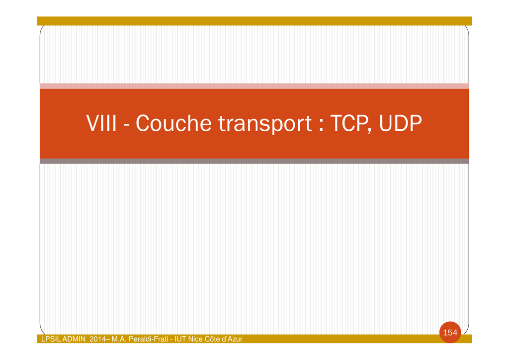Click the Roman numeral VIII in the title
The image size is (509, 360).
[x=101, y=123]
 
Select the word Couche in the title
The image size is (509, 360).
[x=173, y=123]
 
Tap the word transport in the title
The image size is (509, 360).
[x=265, y=124]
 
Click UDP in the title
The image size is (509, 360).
[x=400, y=123]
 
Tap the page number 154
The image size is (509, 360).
[x=450, y=333]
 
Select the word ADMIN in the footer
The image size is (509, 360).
[x=74, y=339]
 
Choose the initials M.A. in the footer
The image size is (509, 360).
[x=119, y=339]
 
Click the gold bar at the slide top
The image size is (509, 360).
[x=254, y=21]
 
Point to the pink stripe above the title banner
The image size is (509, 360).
[x=254, y=86]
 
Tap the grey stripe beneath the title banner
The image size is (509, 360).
[x=254, y=161]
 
